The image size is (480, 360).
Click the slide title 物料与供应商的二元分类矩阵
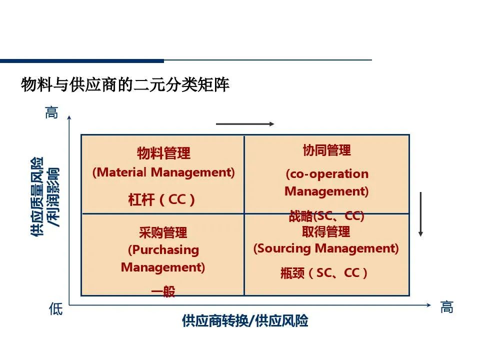point(125,85)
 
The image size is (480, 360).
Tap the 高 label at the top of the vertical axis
point(52,112)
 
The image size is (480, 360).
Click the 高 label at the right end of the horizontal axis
point(446,307)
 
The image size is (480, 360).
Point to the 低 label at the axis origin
point(55,309)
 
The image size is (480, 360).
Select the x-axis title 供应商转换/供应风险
point(245,321)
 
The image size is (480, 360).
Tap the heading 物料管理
point(163,153)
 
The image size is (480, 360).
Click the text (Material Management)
point(163,172)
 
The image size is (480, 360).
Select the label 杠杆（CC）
point(162,200)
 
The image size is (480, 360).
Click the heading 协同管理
point(326,150)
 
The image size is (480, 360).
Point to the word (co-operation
point(327,174)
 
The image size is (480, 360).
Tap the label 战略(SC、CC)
point(326,216)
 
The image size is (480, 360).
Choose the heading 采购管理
point(163,232)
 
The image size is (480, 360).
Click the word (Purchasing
point(163,249)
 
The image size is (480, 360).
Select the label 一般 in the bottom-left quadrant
point(163,292)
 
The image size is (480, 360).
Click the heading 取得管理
point(326,231)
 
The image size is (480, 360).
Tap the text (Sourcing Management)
point(326,248)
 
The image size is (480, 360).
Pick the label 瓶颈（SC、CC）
point(324,273)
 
